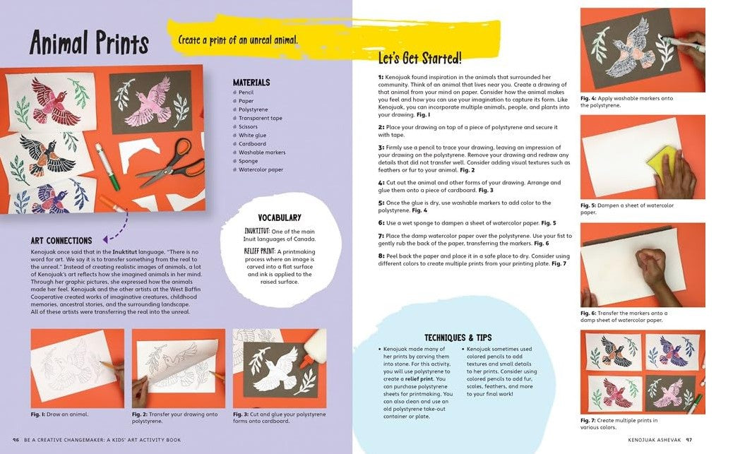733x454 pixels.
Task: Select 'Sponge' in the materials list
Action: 249,161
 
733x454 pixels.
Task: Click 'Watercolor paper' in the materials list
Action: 261,169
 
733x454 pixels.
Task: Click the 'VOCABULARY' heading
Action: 280,217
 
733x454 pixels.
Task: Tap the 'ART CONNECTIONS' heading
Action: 61,241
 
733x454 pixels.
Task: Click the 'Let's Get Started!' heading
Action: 419,58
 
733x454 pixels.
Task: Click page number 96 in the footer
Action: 16,440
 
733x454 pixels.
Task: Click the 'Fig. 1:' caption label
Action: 40,414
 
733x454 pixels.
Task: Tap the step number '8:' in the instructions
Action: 381,256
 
